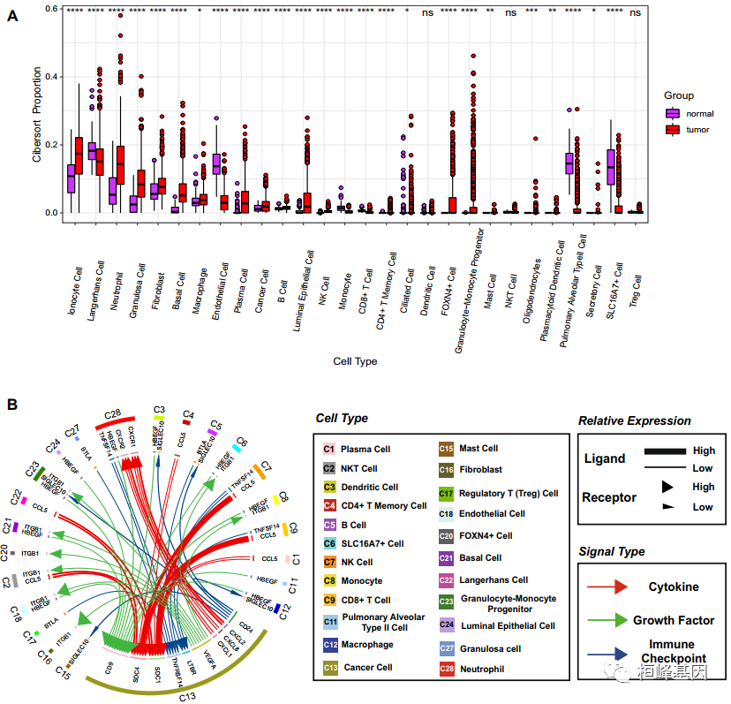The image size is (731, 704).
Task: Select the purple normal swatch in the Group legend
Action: (x=673, y=113)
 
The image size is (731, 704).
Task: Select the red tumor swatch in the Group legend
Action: (x=673, y=129)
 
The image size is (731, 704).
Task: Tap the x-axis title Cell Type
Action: (x=355, y=361)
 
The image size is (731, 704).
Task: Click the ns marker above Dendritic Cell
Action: (x=427, y=12)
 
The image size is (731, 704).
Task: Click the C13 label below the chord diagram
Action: (x=187, y=696)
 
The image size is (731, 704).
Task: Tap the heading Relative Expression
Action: (x=635, y=420)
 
